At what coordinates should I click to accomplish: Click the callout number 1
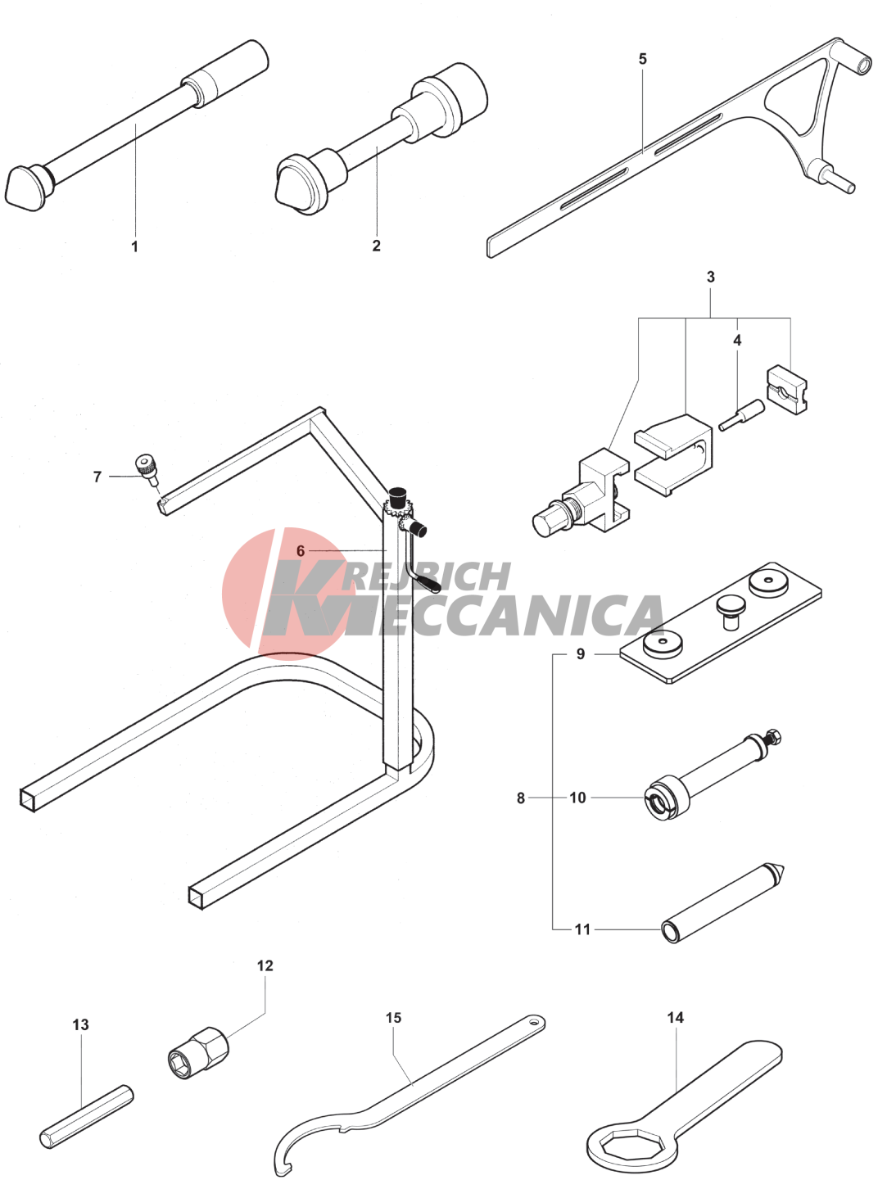tap(134, 246)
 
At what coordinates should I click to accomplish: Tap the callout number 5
tap(643, 58)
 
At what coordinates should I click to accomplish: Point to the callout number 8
tap(521, 798)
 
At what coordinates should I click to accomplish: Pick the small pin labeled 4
tap(741, 415)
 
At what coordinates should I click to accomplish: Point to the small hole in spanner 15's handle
tap(535, 1023)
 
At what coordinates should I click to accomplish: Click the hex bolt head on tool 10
tap(773, 737)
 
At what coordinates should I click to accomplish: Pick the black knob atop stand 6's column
tap(398, 494)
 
